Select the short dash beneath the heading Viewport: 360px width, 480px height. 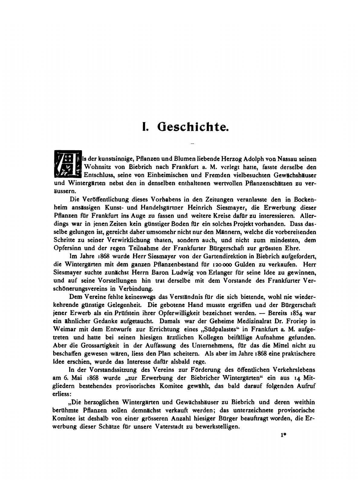coord(192,143)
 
